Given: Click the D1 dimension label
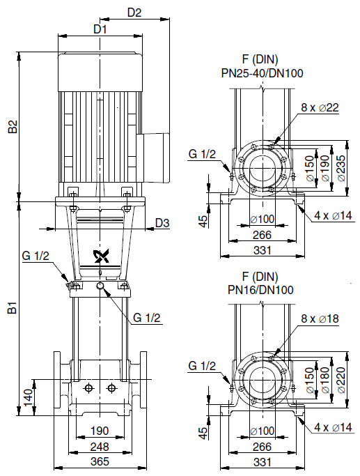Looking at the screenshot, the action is (x=100, y=29).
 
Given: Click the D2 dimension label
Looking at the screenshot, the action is (x=134, y=13).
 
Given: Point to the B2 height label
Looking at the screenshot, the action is (x=13, y=127).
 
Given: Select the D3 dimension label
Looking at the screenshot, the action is (x=162, y=223).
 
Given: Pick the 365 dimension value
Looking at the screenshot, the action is (x=100, y=462).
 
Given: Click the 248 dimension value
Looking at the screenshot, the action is (x=100, y=447).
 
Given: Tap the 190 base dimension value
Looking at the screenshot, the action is (x=100, y=431).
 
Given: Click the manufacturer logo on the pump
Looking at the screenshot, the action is (x=101, y=256).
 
